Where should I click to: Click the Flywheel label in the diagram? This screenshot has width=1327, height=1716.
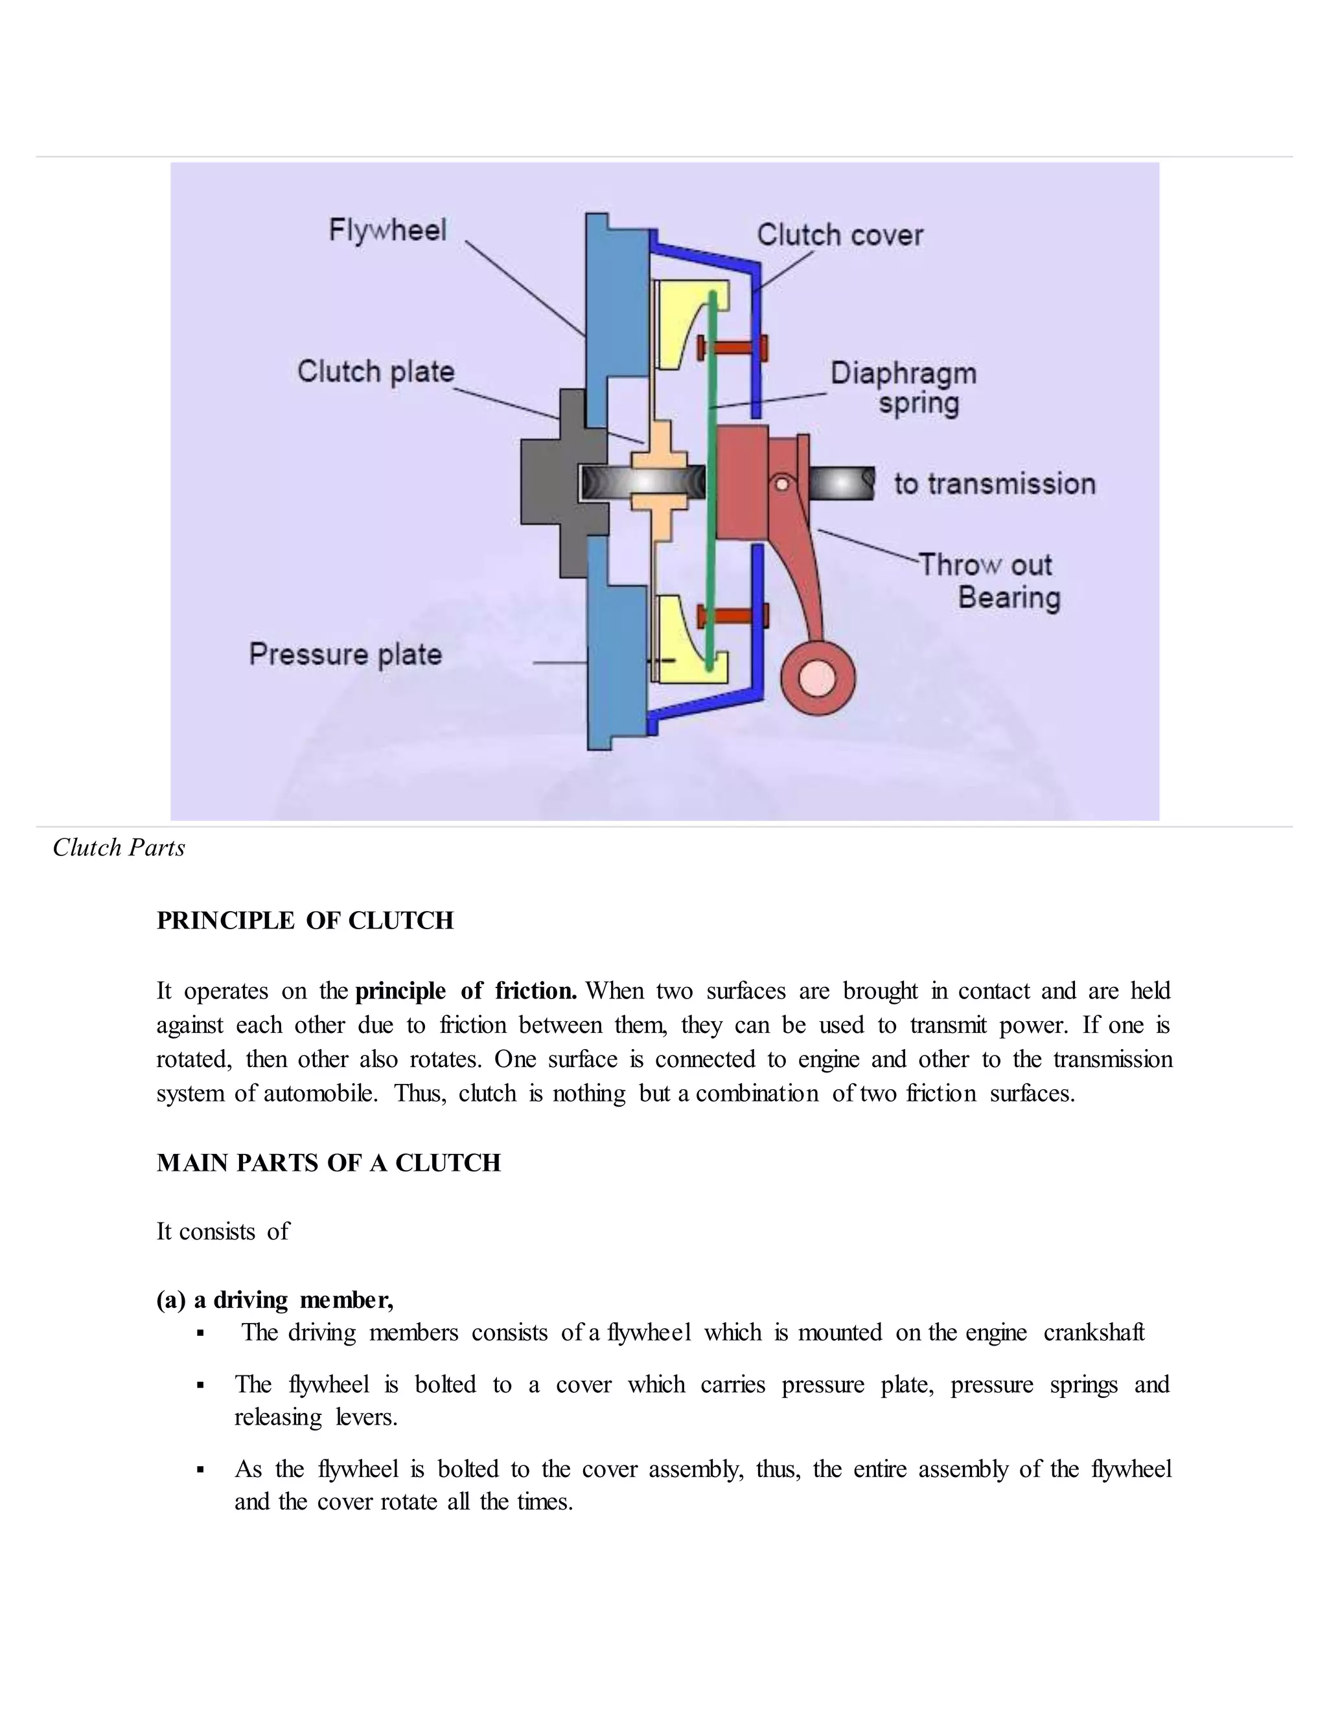tap(387, 231)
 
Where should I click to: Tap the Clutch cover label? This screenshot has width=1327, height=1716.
tap(840, 235)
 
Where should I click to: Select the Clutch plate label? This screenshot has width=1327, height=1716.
tap(376, 372)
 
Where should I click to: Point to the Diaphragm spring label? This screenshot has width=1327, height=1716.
tap(904, 388)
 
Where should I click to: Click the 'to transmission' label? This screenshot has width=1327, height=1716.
tap(995, 484)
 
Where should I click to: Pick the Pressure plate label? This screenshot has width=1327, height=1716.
tap(345, 655)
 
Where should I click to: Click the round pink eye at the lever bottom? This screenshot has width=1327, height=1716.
tap(818, 678)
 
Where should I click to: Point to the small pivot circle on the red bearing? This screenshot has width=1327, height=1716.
tap(782, 484)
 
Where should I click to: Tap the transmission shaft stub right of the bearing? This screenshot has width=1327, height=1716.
tap(841, 484)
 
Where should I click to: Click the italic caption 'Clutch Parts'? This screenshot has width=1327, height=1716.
tap(119, 848)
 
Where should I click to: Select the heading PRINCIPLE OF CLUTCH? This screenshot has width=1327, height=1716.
tap(305, 921)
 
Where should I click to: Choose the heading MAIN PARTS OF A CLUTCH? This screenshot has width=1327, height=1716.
tap(329, 1163)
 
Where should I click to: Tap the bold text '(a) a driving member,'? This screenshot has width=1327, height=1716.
tap(275, 1300)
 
